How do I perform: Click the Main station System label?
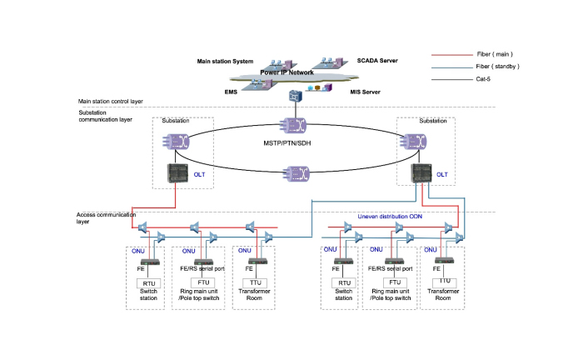(x=227, y=61)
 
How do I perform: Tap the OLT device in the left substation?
(x=177, y=174)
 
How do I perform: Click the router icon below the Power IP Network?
(x=294, y=97)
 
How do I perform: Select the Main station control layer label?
(x=111, y=101)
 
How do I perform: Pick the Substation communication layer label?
(x=106, y=116)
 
